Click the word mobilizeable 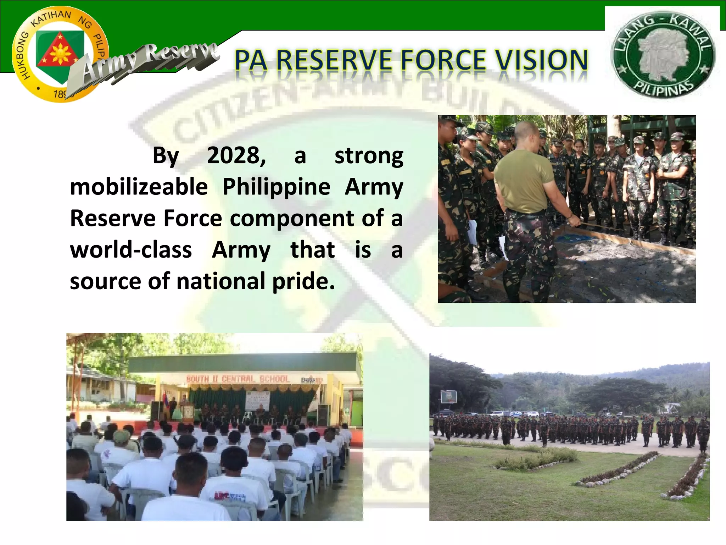pyautogui.click(x=139, y=187)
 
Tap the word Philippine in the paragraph pyautogui.click(x=276, y=187)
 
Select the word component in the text pyautogui.click(x=292, y=218)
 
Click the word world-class pyautogui.click(x=131, y=249)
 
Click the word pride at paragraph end pyautogui.click(x=303, y=281)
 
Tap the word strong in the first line pyautogui.click(x=369, y=155)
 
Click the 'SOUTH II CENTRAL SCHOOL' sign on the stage pyautogui.click(x=238, y=379)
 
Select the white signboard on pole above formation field pyautogui.click(x=448, y=396)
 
